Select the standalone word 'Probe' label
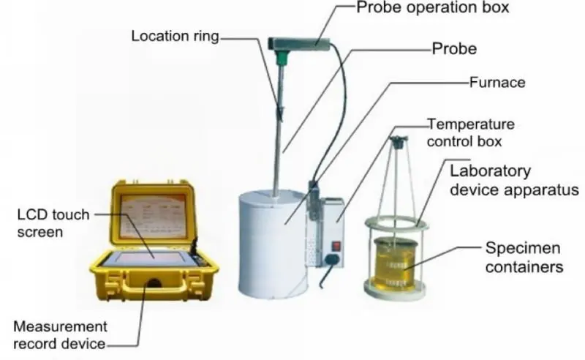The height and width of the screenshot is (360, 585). tap(454, 49)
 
